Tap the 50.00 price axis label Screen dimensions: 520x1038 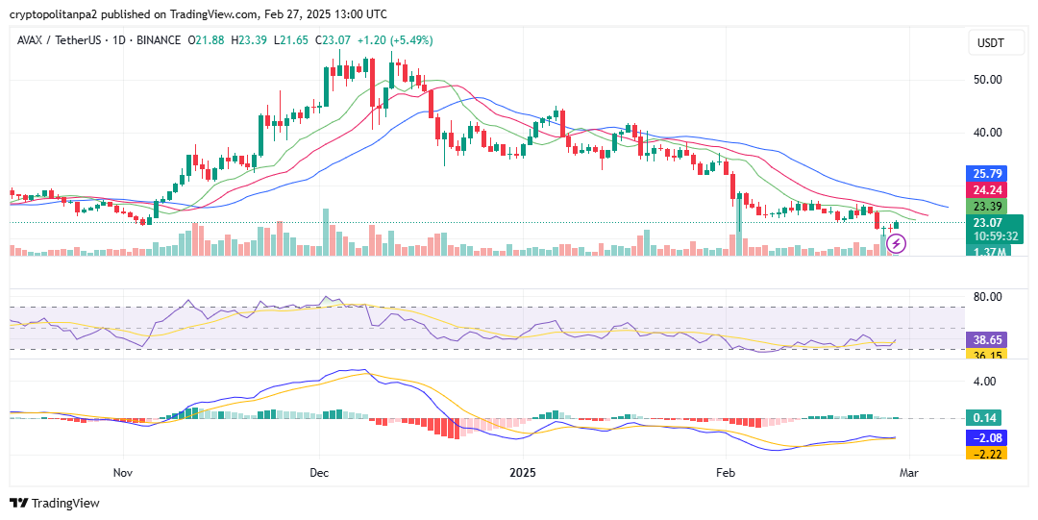pyautogui.click(x=988, y=79)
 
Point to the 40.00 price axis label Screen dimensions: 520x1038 pyautogui.click(x=988, y=133)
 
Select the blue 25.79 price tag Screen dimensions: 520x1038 pyautogui.click(x=988, y=174)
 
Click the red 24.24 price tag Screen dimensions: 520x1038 pyautogui.click(x=988, y=190)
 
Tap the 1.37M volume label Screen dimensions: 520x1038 pyautogui.click(x=988, y=252)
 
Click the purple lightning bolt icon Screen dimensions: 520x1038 pyautogui.click(x=897, y=243)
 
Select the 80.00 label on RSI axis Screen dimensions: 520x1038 pyautogui.click(x=988, y=296)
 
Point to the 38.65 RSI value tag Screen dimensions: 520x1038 pyautogui.click(x=988, y=340)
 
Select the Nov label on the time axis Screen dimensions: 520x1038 pyautogui.click(x=122, y=473)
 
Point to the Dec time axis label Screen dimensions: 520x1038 pyautogui.click(x=320, y=473)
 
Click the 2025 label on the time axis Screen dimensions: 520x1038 pyautogui.click(x=523, y=473)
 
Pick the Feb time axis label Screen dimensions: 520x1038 pyautogui.click(x=726, y=473)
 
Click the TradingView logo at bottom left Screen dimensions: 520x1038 pyautogui.click(x=55, y=503)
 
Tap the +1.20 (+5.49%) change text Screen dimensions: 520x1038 pyautogui.click(x=395, y=40)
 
